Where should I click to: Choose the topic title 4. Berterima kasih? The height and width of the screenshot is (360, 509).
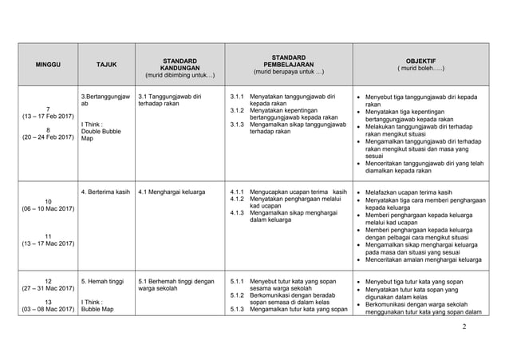(106, 192)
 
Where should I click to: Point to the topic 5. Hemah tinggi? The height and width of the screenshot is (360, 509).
(101, 282)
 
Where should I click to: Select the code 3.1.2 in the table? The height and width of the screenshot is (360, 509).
(236, 110)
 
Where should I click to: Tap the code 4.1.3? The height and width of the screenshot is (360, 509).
(236, 213)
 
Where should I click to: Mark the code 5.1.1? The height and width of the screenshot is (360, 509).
(236, 282)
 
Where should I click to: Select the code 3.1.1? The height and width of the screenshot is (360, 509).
(236, 97)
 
